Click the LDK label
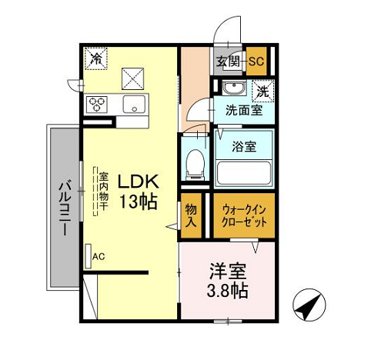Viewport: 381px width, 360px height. (138, 182)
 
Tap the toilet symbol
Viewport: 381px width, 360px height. (196, 165)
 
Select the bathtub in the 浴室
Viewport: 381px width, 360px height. (243, 172)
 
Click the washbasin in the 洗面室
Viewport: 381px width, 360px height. (233, 88)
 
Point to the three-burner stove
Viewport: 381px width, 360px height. (97, 105)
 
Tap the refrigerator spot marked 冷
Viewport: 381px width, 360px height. (96, 58)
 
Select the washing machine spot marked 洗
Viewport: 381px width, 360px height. (263, 91)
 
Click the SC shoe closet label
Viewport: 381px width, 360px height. (256, 61)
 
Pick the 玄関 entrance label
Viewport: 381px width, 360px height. (228, 62)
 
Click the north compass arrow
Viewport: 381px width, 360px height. (309, 305)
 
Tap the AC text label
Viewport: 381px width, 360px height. (99, 256)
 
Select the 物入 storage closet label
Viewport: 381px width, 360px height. (191, 215)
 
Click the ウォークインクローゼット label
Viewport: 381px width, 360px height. (244, 216)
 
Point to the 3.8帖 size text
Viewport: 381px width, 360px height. (227, 290)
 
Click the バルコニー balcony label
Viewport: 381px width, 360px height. (65, 208)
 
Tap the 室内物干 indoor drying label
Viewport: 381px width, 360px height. (103, 191)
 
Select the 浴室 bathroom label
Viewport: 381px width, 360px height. (244, 146)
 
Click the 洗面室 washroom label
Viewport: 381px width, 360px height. (244, 110)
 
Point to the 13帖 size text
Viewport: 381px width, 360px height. (138, 202)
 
